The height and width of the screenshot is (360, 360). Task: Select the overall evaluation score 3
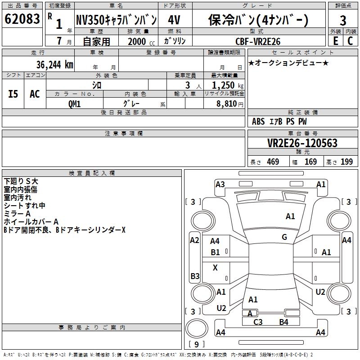343,21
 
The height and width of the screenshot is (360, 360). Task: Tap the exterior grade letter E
335,40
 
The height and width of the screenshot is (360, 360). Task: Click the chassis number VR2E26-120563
302,143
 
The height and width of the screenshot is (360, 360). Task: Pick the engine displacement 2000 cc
139,41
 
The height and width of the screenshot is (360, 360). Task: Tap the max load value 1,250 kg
225,85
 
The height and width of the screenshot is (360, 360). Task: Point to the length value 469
272,162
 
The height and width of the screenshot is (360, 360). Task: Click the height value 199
346,162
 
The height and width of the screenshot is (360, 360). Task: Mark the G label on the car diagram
284,237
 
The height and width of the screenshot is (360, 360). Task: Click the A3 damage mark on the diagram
220,184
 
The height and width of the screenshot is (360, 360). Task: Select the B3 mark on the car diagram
195,276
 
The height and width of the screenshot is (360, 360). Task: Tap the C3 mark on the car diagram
258,322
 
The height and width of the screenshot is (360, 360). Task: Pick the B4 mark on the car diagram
283,322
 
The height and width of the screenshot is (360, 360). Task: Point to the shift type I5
13,94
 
